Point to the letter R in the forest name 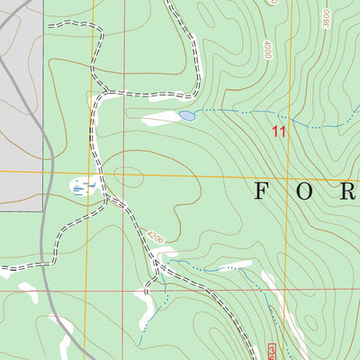tap(350, 191)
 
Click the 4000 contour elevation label tap(267, 49)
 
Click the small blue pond tap(187, 116)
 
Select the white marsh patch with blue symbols tap(84, 187)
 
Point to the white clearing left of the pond tap(160, 118)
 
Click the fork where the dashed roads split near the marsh tap(106, 193)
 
